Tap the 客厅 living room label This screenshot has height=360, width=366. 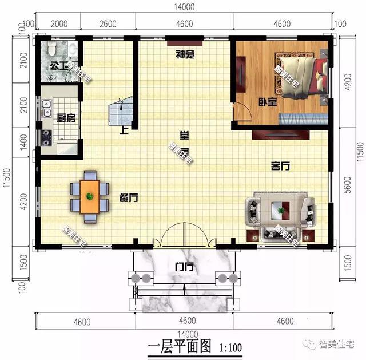point(280,166)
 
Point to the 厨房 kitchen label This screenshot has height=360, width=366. point(66,119)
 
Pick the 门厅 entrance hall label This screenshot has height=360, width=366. point(184,267)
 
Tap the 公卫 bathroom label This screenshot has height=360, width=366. point(59,65)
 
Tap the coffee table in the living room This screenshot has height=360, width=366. point(280,210)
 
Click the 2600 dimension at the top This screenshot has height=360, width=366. point(108,24)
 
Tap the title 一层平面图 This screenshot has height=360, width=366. point(180,347)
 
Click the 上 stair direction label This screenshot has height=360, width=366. point(124,130)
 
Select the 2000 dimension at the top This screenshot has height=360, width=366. point(59,24)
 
